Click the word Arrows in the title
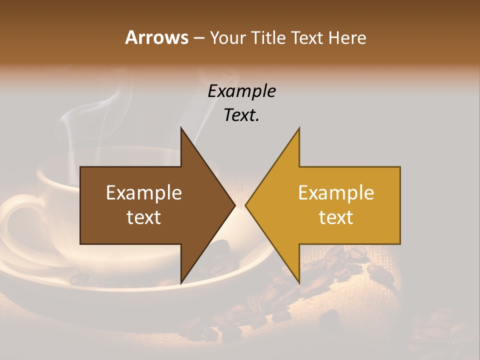pos(157,37)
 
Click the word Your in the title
pos(227,38)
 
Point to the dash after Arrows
pos(198,38)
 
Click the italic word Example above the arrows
pos(242,91)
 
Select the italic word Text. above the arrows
pos(242,115)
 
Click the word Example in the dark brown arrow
pos(144,193)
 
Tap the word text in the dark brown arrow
pos(144,217)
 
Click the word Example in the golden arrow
pos(336,193)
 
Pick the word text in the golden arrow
pos(336,217)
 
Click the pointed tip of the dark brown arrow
pos(234,205)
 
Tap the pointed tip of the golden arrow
pos(246,205)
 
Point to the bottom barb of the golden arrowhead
pos(298,281)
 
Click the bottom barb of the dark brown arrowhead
pos(181,281)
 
